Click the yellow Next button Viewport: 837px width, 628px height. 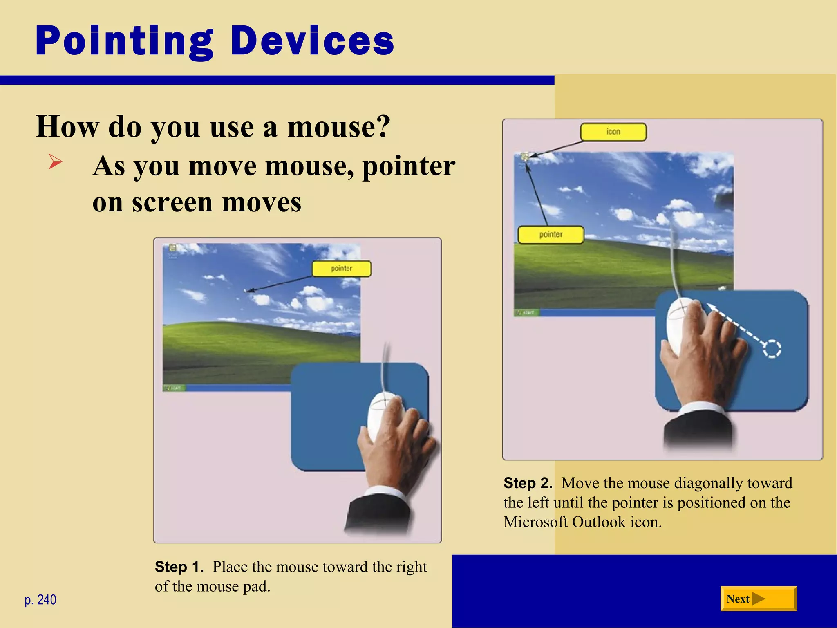point(758,599)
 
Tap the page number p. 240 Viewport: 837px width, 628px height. point(40,600)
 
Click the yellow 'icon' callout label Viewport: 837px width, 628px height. point(613,132)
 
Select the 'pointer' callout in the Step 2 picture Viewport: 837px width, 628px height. point(551,235)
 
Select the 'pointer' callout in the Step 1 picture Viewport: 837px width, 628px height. point(341,269)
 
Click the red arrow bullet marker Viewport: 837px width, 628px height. point(55,162)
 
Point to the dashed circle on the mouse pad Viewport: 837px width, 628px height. point(772,349)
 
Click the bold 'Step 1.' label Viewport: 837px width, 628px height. point(179,567)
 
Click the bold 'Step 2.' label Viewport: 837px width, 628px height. point(528,483)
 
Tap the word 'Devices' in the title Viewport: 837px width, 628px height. point(312,41)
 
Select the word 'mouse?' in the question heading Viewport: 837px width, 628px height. point(339,127)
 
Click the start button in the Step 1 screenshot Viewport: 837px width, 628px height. point(174,388)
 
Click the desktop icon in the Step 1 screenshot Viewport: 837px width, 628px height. point(172,248)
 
